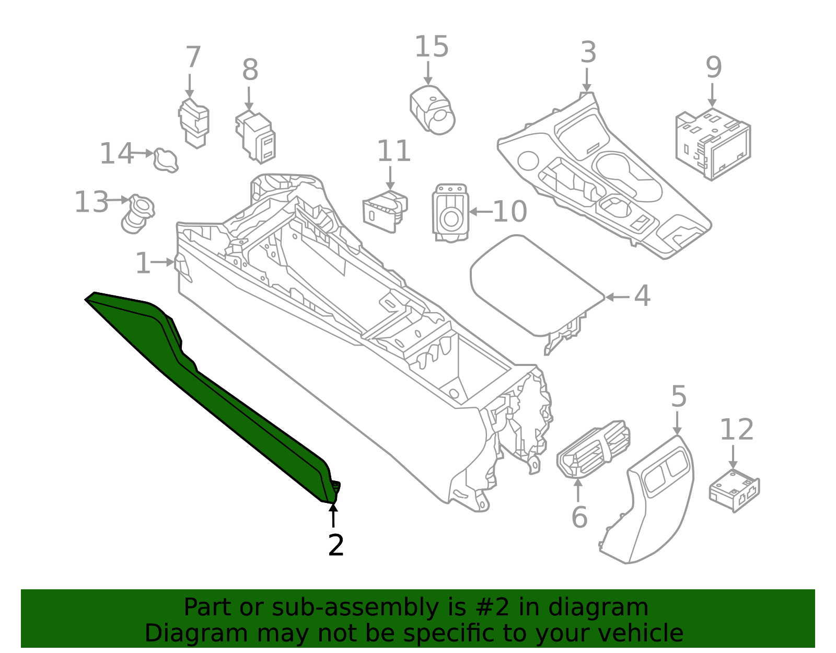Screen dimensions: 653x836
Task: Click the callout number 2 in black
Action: (335, 545)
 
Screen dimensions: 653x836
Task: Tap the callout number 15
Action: (432, 47)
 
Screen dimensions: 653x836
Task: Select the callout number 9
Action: (713, 67)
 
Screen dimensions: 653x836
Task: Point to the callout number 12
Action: (737, 430)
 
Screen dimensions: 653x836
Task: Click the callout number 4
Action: (642, 296)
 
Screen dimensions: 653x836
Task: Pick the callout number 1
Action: (143, 263)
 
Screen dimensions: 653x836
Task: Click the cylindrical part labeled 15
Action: (433, 110)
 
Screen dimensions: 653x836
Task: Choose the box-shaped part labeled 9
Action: (713, 144)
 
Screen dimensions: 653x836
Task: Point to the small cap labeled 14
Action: (166, 160)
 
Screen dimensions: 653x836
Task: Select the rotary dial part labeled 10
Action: (450, 213)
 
